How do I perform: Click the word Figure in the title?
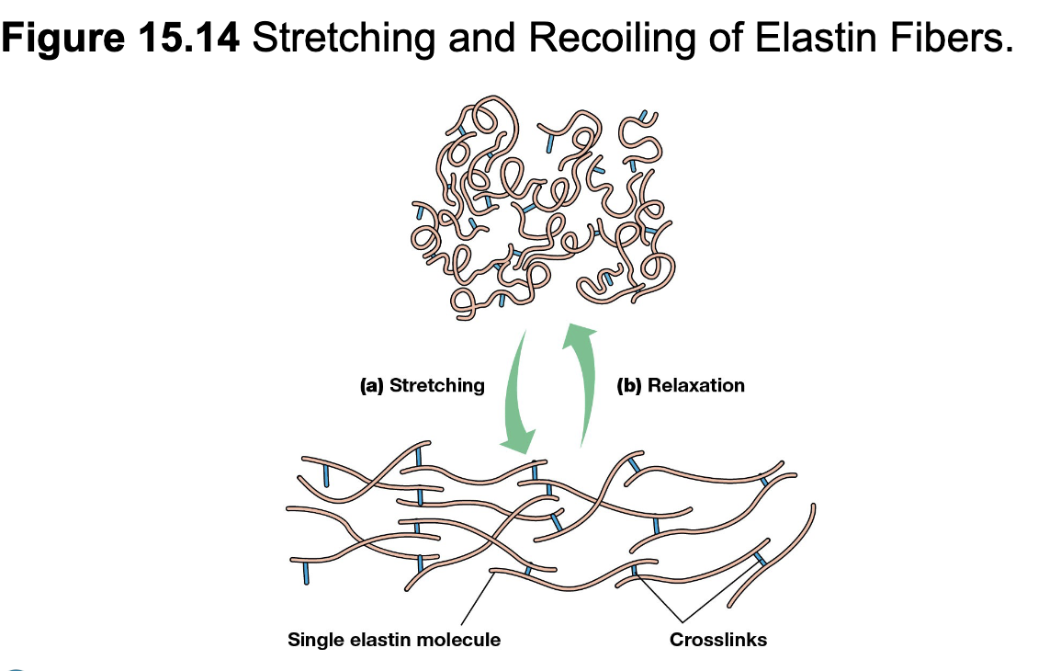pos(63,38)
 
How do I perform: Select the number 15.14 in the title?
pos(189,37)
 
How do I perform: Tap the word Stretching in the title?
pos(344,38)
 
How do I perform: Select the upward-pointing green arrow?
pos(580,385)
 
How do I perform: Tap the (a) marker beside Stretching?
pos(371,385)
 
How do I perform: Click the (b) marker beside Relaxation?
pos(629,385)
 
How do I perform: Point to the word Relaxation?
pos(695,385)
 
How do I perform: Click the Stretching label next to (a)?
pos(437,385)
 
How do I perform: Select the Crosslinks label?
pos(718,639)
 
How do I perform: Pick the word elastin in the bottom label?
pos(381,639)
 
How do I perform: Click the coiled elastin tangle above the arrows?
pos(543,208)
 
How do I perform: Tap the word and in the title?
pos(482,37)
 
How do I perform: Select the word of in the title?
pos(726,37)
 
